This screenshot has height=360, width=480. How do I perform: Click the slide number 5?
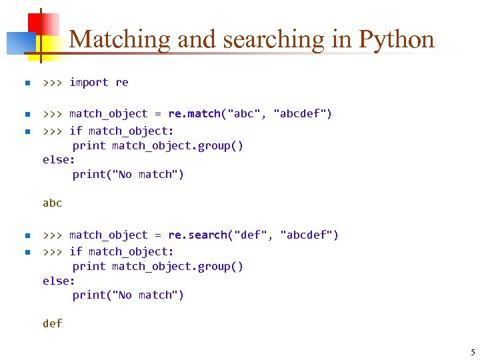coord(473,352)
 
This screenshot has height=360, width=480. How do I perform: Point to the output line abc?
coord(52,203)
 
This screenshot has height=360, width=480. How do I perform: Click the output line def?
coord(52,323)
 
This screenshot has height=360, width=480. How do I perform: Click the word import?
coord(89,82)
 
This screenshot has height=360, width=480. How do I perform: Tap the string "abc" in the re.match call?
coord(244,113)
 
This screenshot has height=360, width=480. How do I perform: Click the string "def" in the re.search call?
coord(251,235)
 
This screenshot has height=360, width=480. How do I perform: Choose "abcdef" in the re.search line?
coord(309,235)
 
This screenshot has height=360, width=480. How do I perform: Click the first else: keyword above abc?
coord(59,160)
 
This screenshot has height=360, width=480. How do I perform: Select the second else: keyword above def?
coord(59,281)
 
